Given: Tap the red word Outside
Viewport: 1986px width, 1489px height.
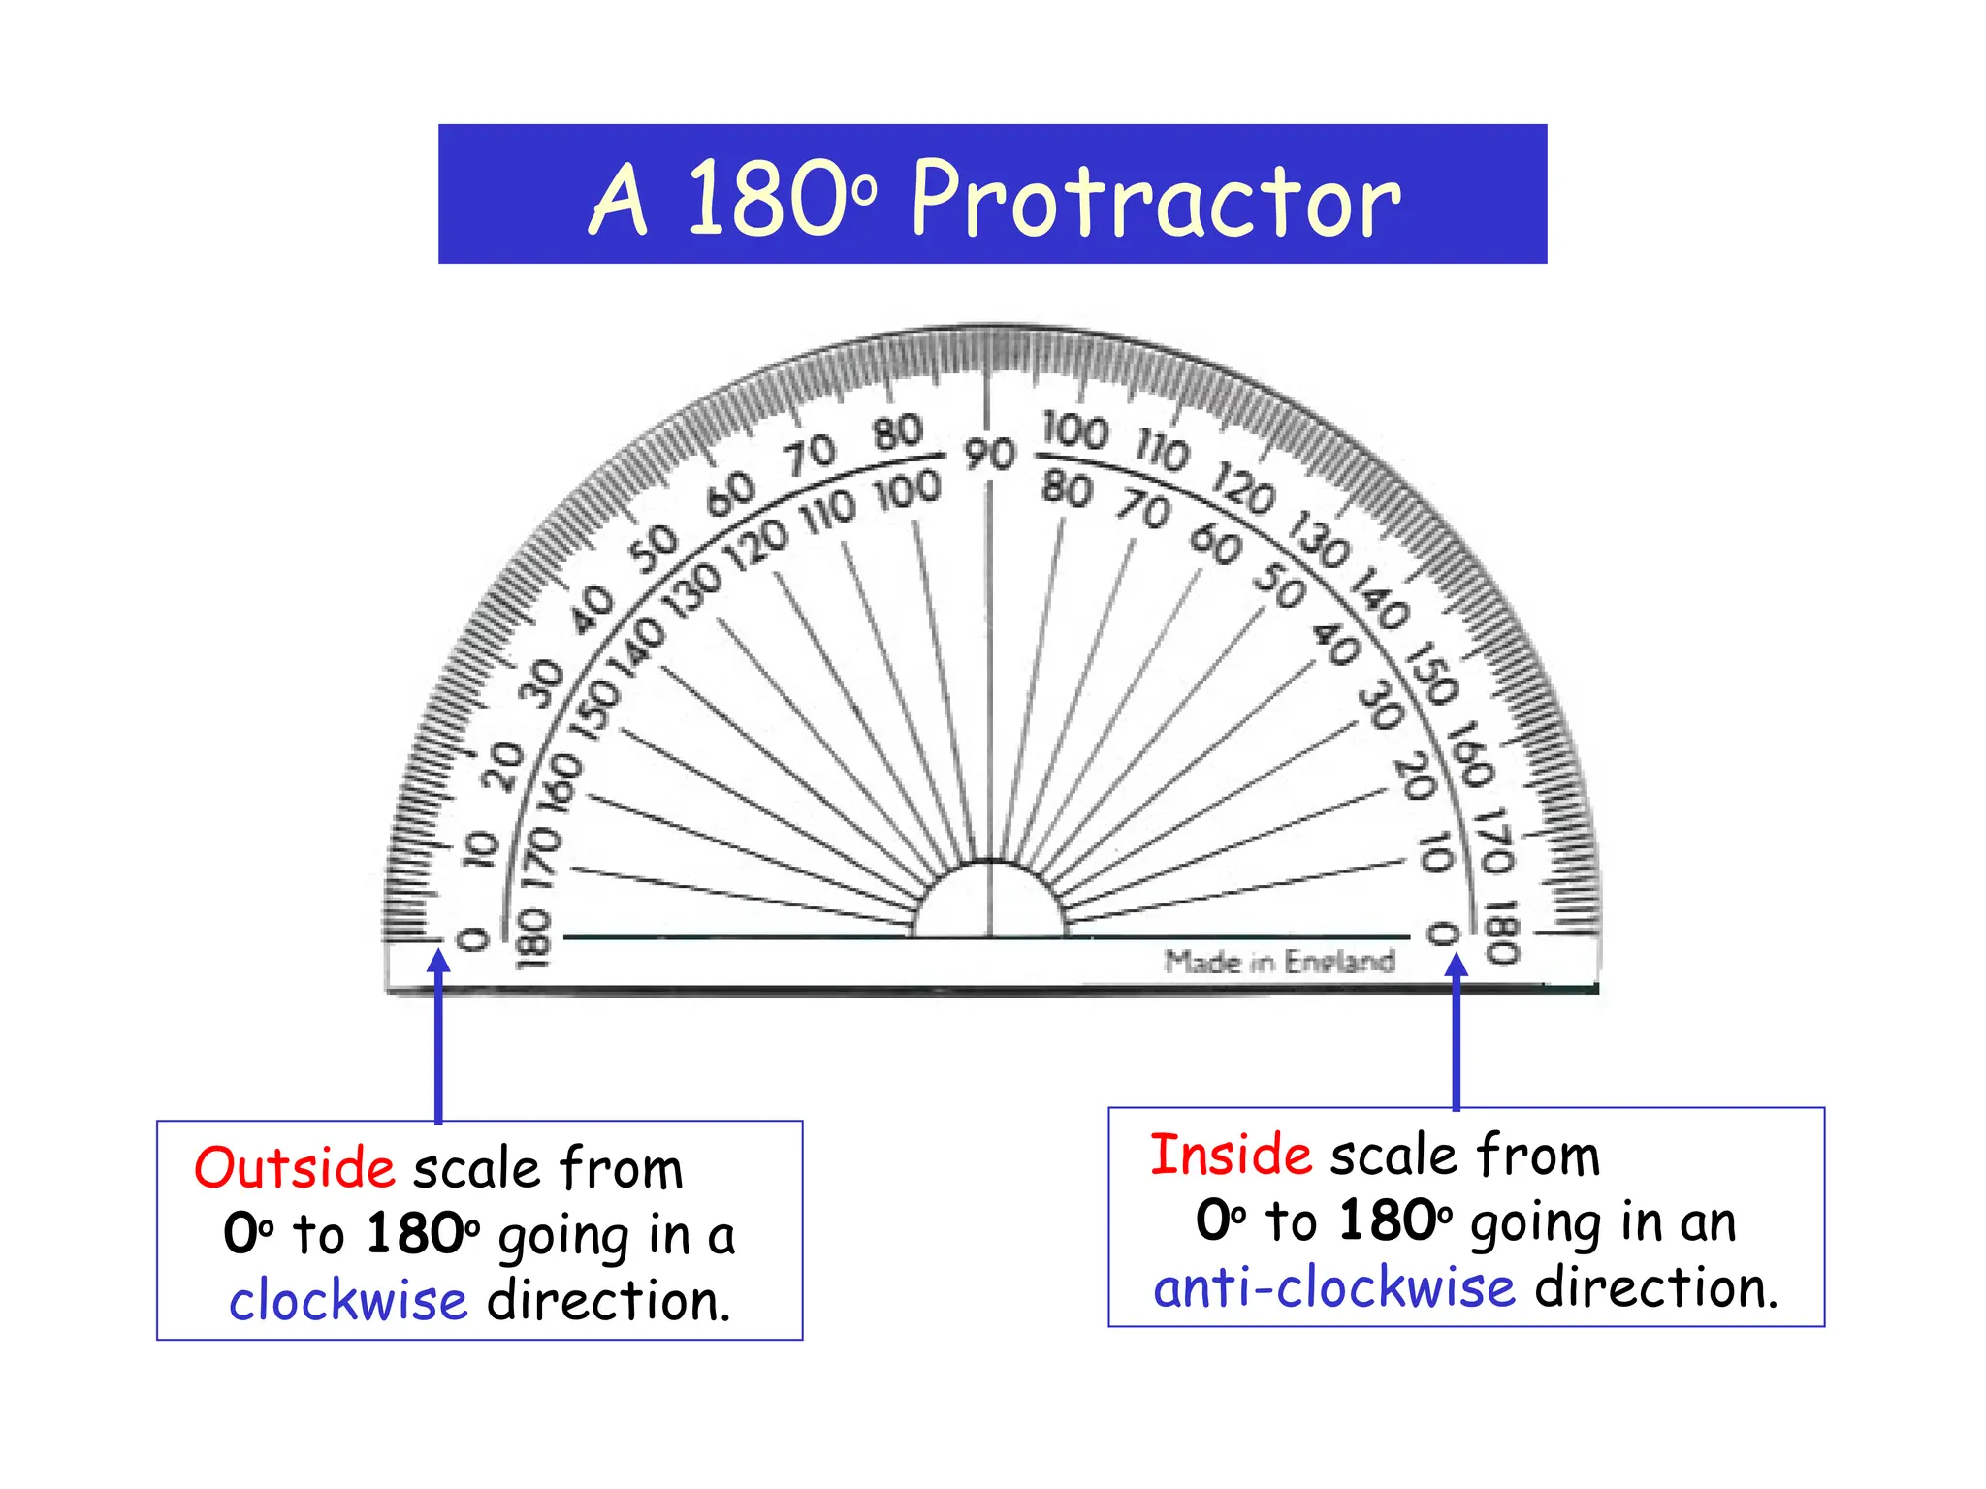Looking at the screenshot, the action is point(294,1167).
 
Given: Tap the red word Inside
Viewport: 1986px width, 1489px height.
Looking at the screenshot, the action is point(1231,1155).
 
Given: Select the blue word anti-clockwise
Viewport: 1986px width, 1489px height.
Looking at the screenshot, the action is point(1333,1287).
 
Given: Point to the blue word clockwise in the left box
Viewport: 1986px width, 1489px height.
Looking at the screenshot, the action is point(348,1300).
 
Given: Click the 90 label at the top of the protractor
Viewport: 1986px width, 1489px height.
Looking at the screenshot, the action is point(989,454).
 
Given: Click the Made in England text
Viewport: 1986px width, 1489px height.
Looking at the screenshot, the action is point(1279,962).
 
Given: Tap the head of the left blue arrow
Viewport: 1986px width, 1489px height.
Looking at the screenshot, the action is point(439,961).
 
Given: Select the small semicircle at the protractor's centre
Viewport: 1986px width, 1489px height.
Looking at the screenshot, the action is point(989,902).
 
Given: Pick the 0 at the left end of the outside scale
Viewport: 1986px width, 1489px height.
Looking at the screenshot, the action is point(472,938).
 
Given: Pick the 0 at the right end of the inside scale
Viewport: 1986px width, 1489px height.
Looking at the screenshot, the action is point(1442,935).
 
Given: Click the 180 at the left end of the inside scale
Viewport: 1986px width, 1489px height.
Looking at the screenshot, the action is point(533,938).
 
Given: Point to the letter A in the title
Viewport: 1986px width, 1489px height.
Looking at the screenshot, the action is point(618,201).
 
